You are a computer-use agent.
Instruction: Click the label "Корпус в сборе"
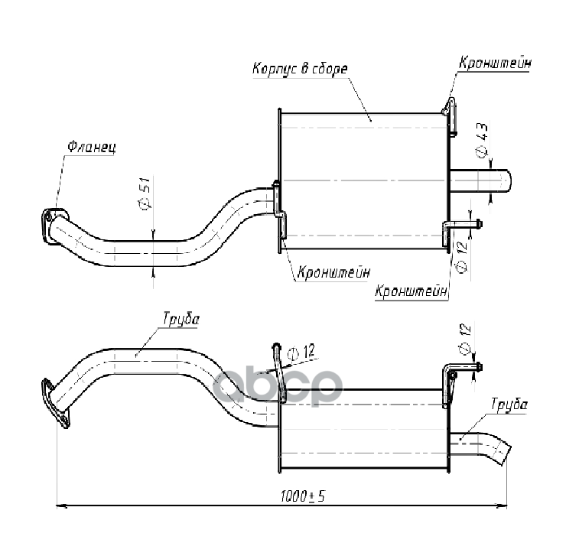299,69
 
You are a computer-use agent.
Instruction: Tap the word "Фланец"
90,146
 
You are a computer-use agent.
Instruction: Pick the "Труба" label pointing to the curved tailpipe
509,405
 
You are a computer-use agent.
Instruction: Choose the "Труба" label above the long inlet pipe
181,319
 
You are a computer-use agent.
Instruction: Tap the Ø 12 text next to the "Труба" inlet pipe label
302,353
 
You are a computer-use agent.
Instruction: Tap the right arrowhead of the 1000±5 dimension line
503,505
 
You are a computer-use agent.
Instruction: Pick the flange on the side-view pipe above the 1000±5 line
56,402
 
